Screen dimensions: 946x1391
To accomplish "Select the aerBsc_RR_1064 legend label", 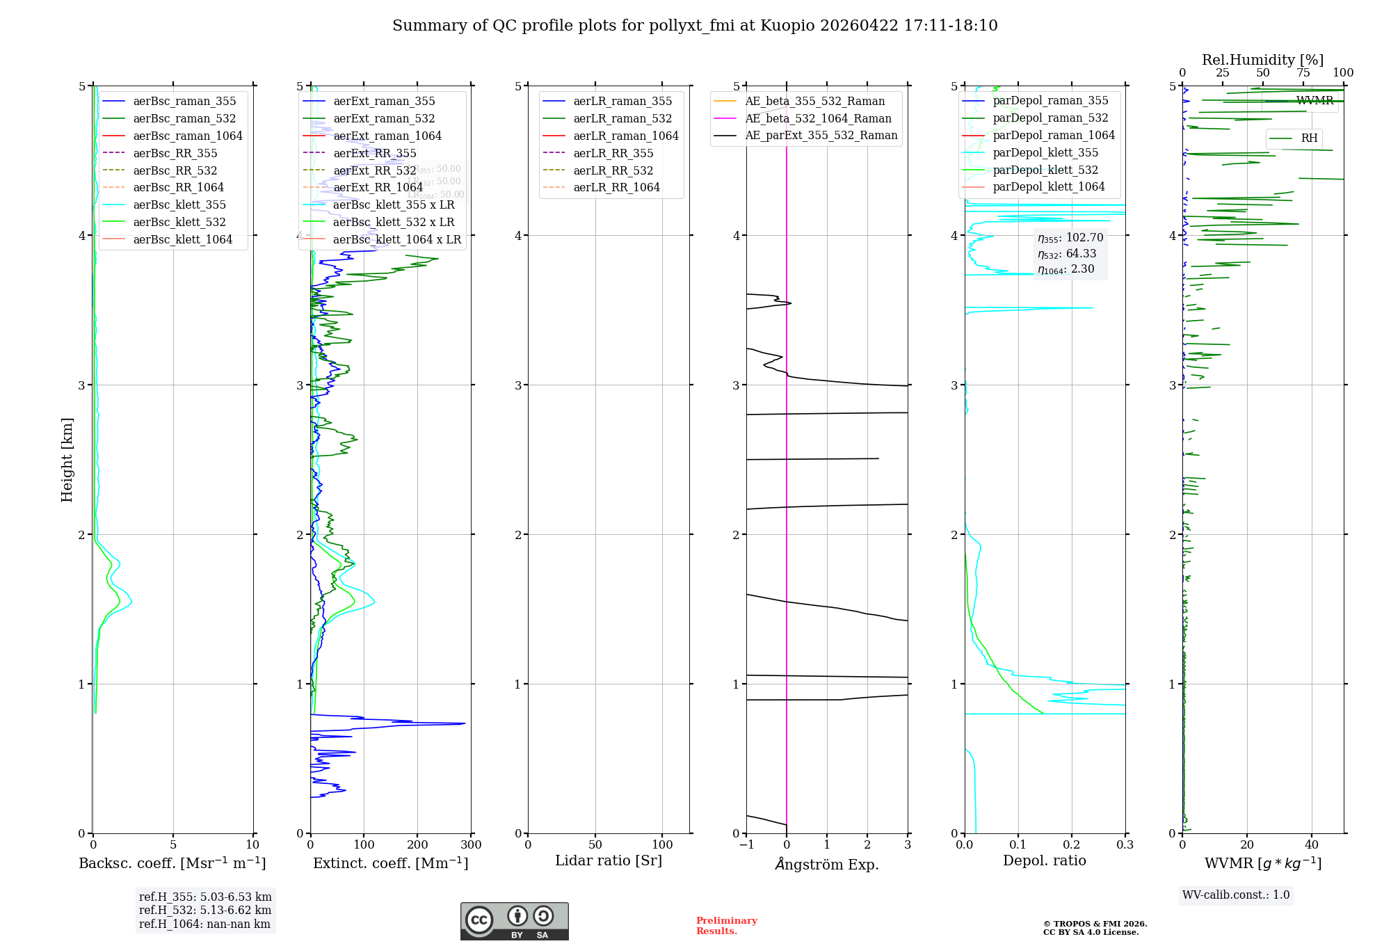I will click(x=178, y=187).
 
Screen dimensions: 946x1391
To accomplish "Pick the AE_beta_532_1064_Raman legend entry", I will click(x=818, y=118).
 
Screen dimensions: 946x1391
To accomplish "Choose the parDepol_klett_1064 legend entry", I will click(x=1048, y=186).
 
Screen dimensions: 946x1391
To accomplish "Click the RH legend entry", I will click(x=1309, y=138).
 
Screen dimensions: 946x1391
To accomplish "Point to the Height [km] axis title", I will click(x=67, y=459).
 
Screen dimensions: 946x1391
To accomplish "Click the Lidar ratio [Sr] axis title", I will click(x=609, y=860).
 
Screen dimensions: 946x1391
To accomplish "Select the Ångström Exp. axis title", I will click(x=827, y=864).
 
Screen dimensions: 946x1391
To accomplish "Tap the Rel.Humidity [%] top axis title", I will click(x=1262, y=60).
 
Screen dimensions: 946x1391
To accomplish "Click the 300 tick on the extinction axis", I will click(x=471, y=844).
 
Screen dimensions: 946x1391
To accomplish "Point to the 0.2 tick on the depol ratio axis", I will click(x=1072, y=844).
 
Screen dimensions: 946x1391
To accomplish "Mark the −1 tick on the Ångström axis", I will click(x=746, y=844).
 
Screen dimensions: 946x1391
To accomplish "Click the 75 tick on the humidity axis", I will click(x=1303, y=72).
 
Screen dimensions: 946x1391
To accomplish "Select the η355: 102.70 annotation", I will click(x=1070, y=238).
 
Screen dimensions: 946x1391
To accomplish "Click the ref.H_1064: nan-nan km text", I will click(x=204, y=924).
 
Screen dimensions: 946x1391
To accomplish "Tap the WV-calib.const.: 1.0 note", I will click(x=1236, y=895).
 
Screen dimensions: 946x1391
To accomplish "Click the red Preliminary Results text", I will click(x=726, y=925).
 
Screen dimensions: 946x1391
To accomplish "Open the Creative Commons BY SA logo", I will click(x=514, y=921).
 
